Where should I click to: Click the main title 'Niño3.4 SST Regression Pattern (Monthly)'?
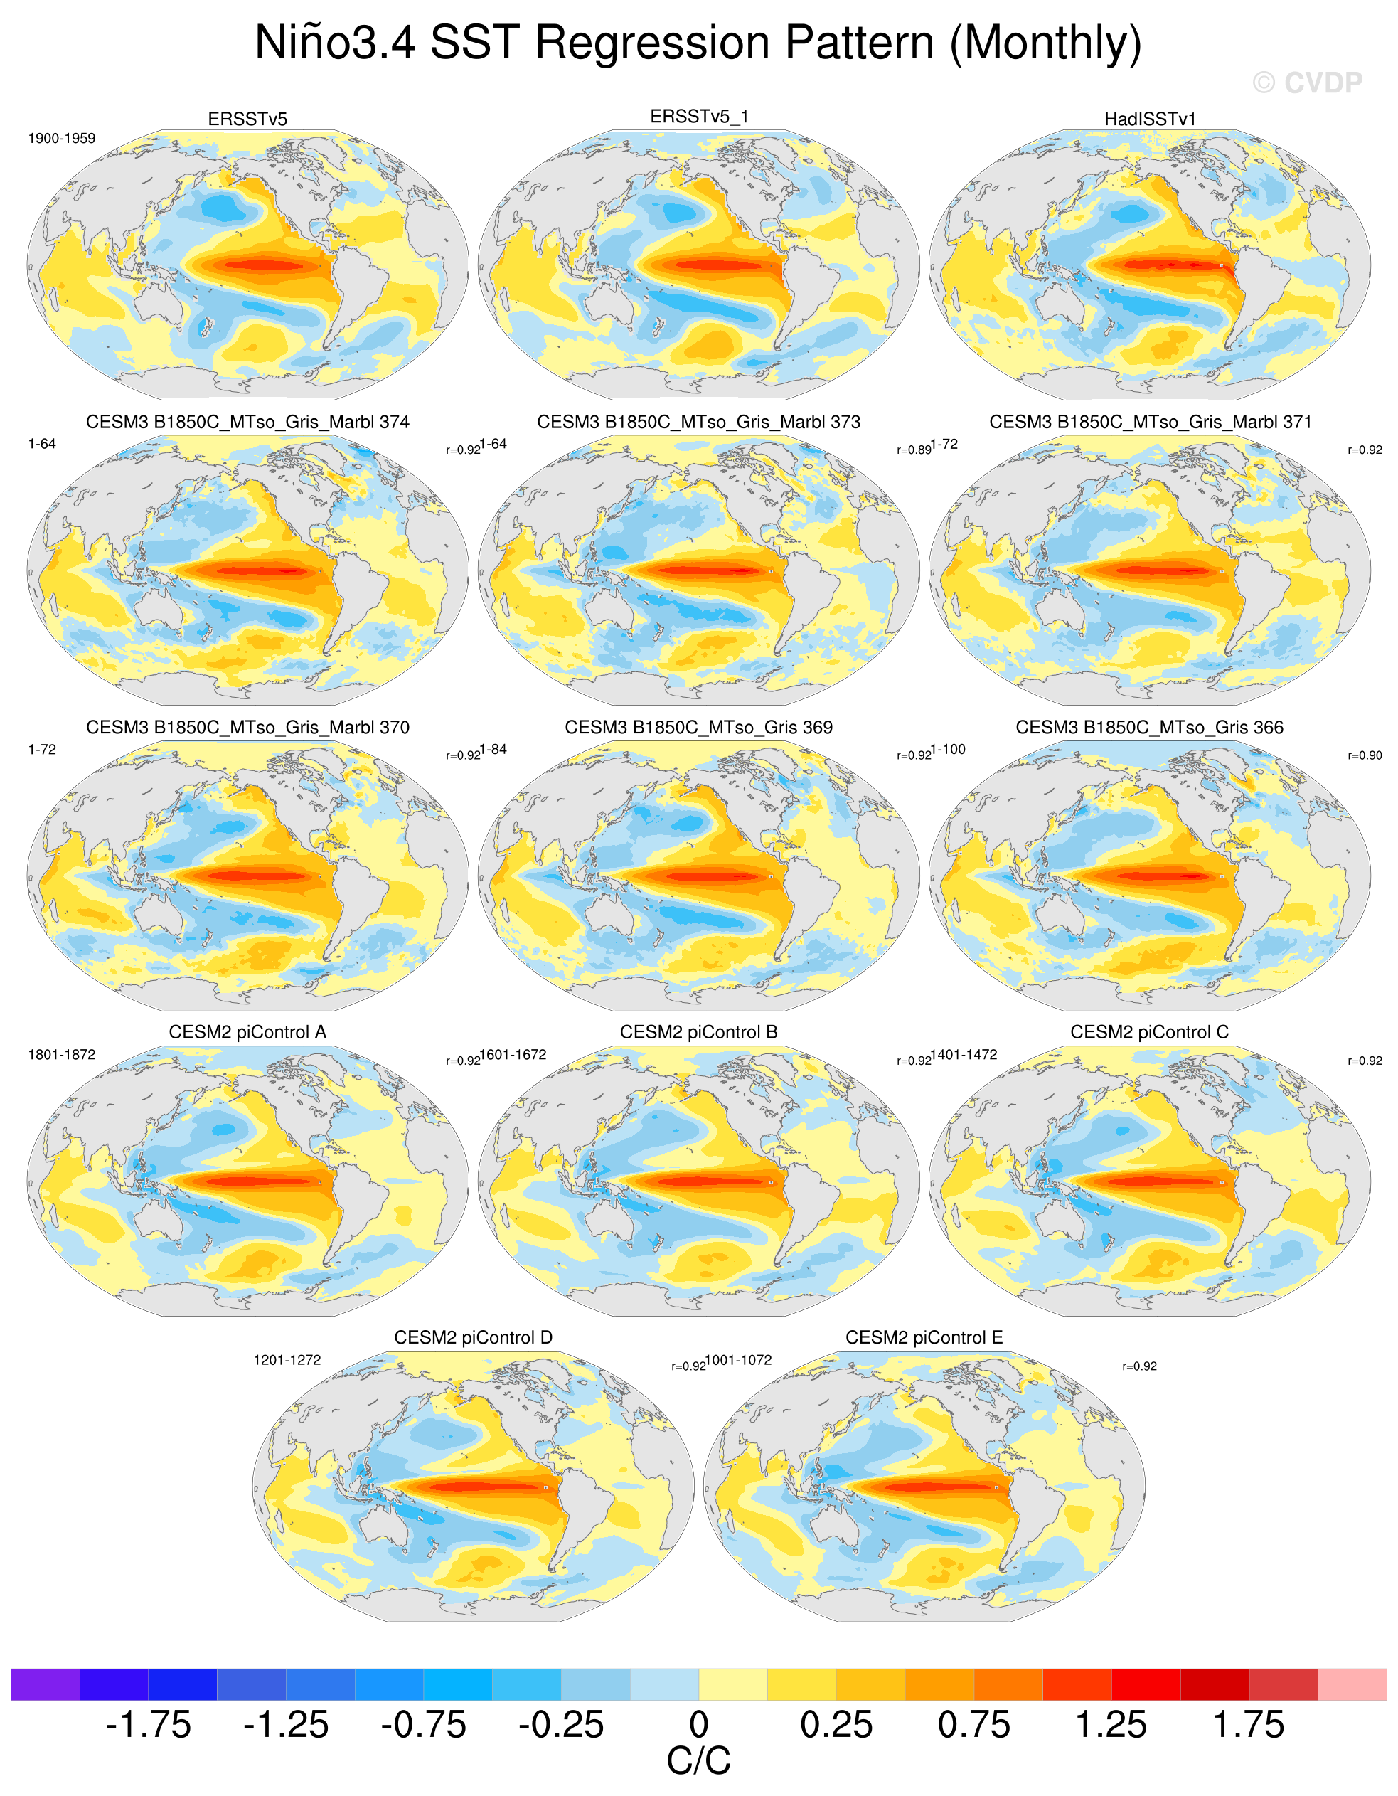(x=698, y=43)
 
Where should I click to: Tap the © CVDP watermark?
(x=1308, y=83)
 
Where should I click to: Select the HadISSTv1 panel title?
(x=1150, y=119)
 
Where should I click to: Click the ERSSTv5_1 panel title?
(x=699, y=117)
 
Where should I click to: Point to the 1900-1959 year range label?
(x=62, y=138)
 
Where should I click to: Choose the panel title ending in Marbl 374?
(x=247, y=422)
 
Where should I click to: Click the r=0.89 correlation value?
(x=914, y=450)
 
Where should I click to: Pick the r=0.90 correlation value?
(x=1365, y=755)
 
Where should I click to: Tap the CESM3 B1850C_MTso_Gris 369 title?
(x=698, y=727)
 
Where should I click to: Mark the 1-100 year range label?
(x=948, y=749)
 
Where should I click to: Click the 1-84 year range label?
(x=493, y=749)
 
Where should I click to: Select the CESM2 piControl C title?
(x=1150, y=1032)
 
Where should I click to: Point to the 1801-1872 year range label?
(x=62, y=1054)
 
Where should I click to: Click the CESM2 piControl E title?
(x=924, y=1337)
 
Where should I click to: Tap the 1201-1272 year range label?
(x=287, y=1360)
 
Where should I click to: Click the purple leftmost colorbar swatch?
(x=46, y=1684)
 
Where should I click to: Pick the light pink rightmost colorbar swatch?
(x=1352, y=1684)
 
